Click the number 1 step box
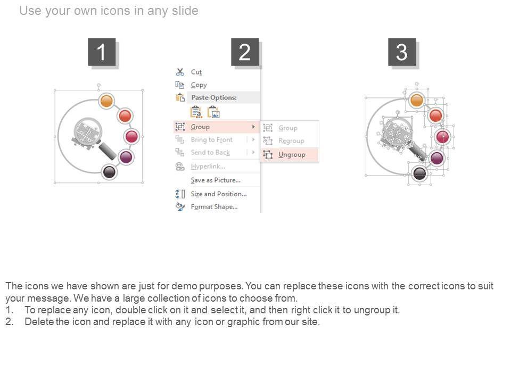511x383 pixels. tap(101, 53)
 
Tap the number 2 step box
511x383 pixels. tap(244, 53)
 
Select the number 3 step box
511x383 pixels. tap(401, 53)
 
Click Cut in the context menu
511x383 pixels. tap(196, 72)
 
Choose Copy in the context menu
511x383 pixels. tap(199, 85)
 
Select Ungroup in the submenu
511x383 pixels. tap(292, 154)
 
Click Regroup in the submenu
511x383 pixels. tap(291, 141)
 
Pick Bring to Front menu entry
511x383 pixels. tap(211, 139)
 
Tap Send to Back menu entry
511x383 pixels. tap(210, 152)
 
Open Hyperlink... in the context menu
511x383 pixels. tap(208, 166)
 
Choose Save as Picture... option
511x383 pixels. tap(215, 180)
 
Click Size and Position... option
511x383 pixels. tap(218, 194)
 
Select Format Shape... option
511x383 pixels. tap(214, 206)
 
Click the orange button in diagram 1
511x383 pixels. tap(106, 101)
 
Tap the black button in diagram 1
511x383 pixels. tap(109, 171)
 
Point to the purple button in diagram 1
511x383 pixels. tap(126, 156)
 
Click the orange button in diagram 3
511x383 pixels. tap(417, 100)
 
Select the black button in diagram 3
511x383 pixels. tap(420, 172)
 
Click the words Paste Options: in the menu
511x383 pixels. tap(213, 97)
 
